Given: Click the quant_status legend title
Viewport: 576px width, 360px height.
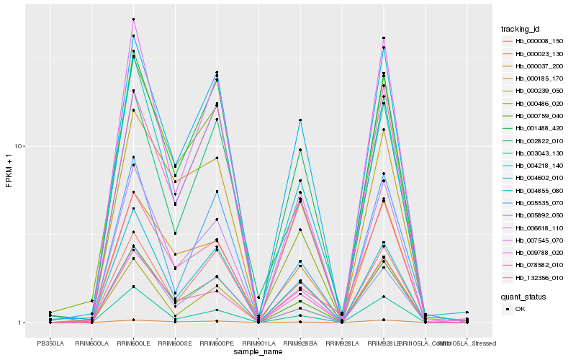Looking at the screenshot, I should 524,296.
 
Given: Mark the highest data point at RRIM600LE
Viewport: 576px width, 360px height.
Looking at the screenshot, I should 133,19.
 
